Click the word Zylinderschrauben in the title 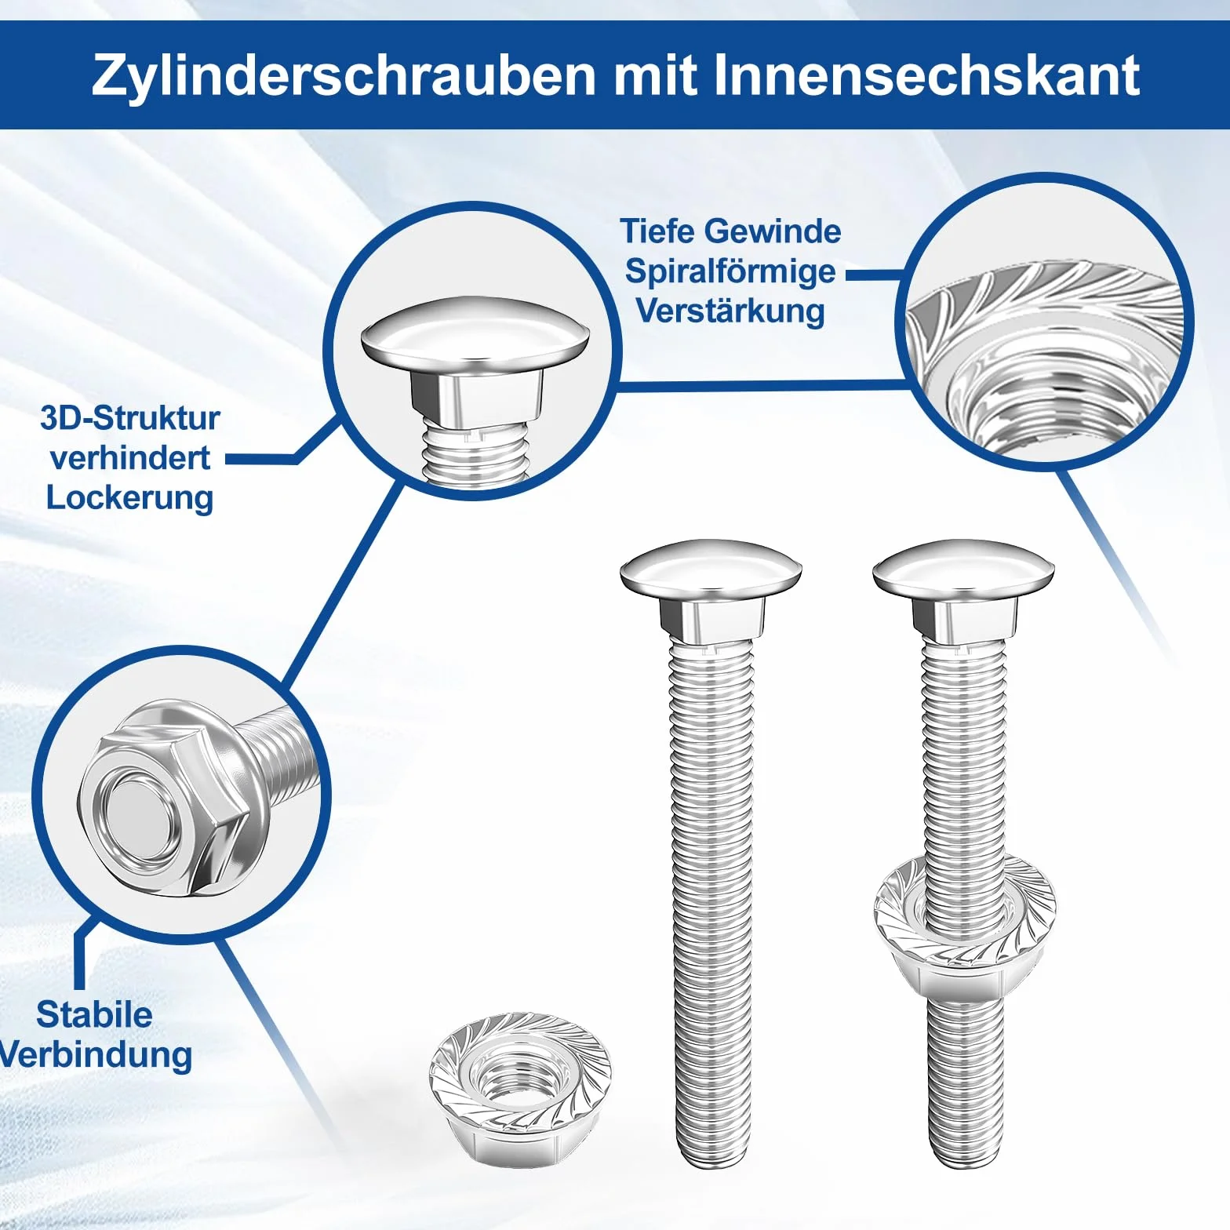(344, 75)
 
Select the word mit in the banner (655, 75)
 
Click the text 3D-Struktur (130, 418)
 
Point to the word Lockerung (129, 498)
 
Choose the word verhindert (130, 458)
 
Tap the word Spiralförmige (730, 271)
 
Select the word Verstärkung (730, 311)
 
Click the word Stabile (94, 1014)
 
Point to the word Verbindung (96, 1054)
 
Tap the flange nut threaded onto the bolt (965, 926)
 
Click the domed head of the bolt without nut (711, 569)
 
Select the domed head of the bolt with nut (963, 569)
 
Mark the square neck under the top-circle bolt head (475, 396)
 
